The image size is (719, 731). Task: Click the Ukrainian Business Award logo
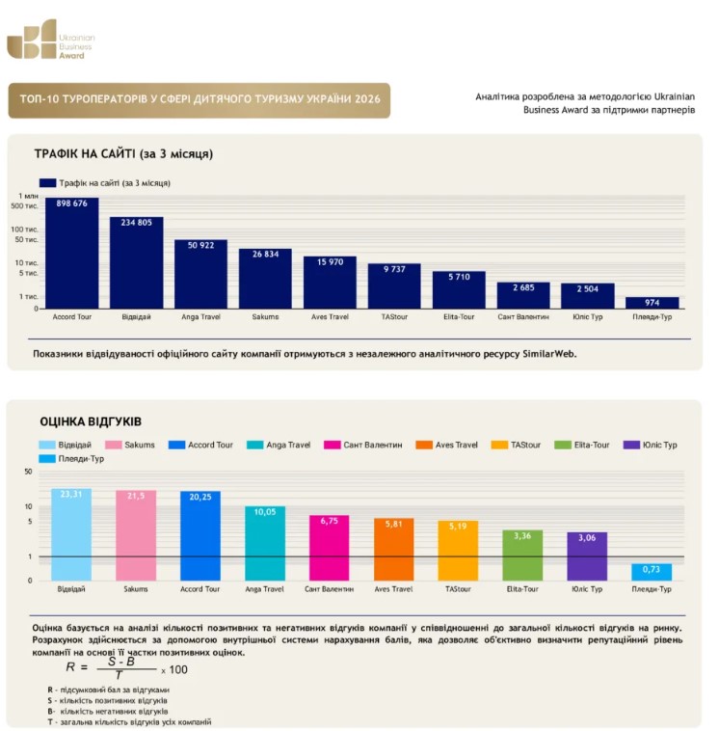tap(50, 40)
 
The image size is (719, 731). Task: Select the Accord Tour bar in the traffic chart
tap(71, 253)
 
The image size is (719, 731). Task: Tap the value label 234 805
tap(137, 223)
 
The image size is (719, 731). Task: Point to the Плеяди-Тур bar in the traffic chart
tap(652, 303)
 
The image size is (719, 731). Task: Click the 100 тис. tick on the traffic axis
tap(24, 230)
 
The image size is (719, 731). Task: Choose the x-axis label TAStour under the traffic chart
tap(394, 317)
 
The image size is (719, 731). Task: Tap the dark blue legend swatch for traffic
tap(47, 183)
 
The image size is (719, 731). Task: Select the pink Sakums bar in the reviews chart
tap(136, 535)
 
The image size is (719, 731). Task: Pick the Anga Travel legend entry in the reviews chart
tap(279, 445)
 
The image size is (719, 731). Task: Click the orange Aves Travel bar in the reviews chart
tap(394, 549)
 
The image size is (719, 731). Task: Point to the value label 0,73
tap(651, 569)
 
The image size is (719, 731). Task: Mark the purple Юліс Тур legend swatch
tap(631, 445)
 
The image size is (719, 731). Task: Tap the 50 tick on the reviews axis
tap(28, 472)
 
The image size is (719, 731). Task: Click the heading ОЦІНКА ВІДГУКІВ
tap(91, 421)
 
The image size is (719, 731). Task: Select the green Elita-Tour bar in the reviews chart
tap(522, 555)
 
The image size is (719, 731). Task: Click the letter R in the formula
tap(70, 666)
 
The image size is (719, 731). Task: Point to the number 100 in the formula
tap(178, 670)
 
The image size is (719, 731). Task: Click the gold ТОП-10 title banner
tap(199, 100)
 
